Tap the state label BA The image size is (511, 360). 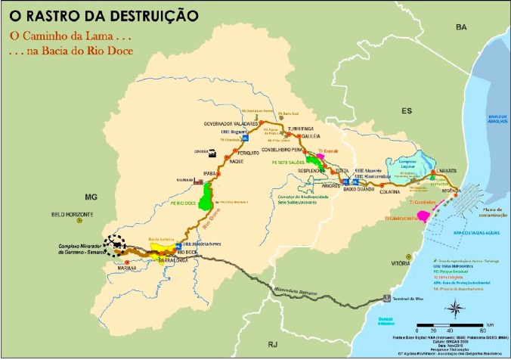tap(460, 27)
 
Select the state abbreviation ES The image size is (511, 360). tap(406, 111)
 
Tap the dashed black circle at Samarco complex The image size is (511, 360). tap(115, 242)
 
